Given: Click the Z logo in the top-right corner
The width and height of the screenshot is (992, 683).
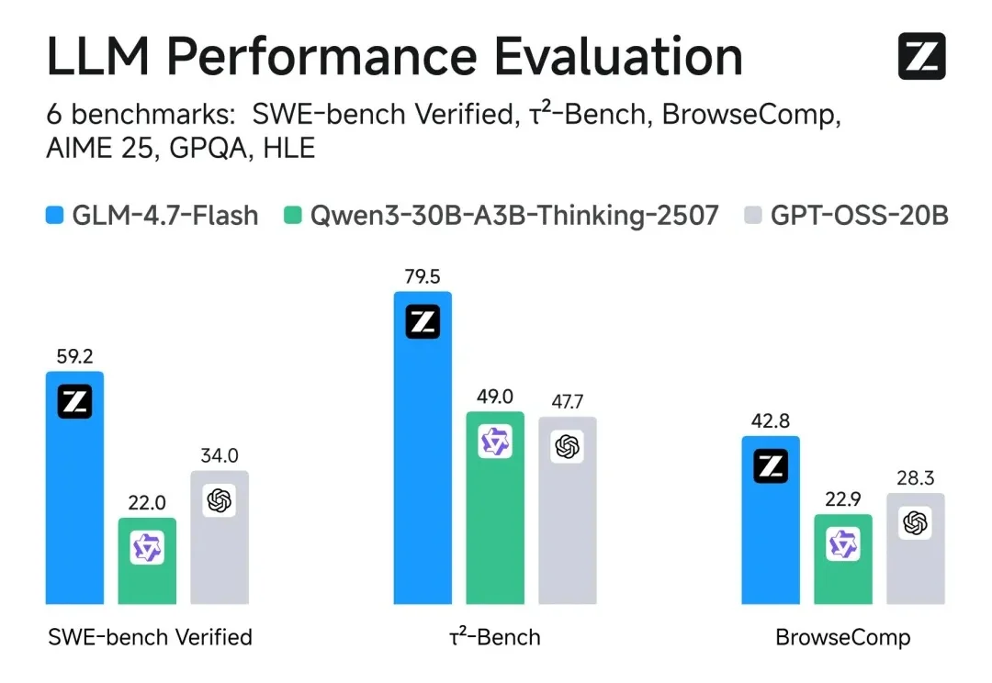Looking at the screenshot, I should [x=921, y=57].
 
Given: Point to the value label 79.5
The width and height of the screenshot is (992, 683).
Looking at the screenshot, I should [x=423, y=276].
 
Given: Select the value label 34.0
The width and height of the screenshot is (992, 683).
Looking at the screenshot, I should [x=220, y=455].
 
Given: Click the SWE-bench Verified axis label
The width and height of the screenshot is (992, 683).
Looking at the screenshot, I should [x=149, y=636].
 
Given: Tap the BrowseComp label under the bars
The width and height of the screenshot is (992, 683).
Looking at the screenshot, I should [x=842, y=636].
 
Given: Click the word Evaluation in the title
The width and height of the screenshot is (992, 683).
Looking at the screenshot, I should [x=618, y=57].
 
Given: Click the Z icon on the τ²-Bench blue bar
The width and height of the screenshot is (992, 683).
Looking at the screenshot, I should [x=423, y=322].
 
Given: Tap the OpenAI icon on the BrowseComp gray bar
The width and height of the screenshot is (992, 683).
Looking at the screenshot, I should [x=915, y=523].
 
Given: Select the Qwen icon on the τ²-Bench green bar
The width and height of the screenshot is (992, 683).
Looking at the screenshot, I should [x=495, y=442].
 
